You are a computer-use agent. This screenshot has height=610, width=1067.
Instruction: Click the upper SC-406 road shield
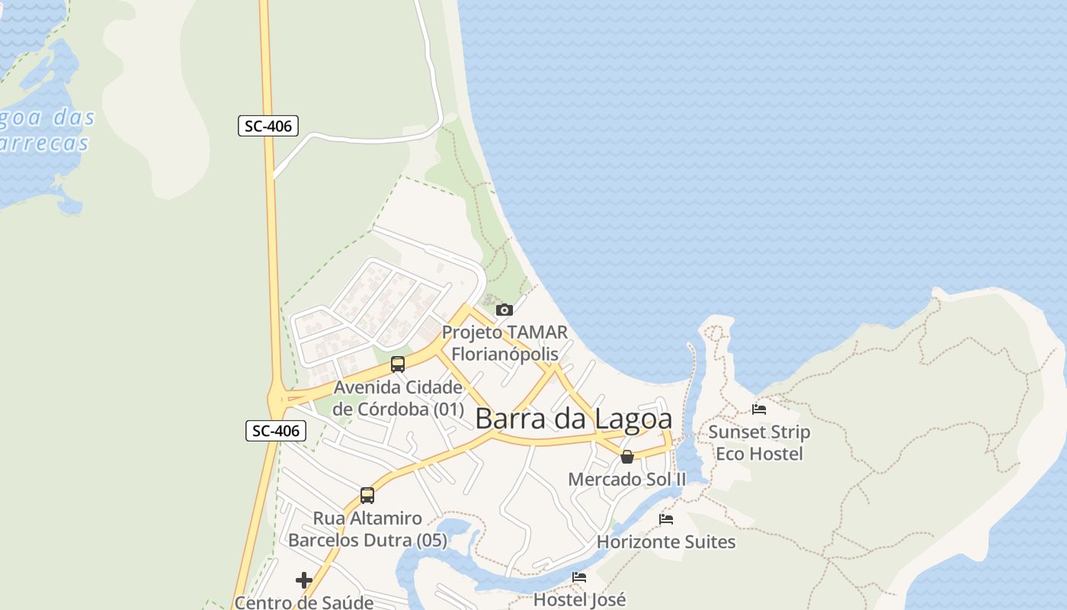[x=268, y=126]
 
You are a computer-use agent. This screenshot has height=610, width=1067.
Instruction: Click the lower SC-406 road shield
[x=276, y=431]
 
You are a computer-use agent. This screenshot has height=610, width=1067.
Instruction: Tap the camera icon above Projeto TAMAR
[x=504, y=310]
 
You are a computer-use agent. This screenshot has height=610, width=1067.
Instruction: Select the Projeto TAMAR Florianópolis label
[x=505, y=343]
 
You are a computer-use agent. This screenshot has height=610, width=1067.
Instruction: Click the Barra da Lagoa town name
[x=574, y=419]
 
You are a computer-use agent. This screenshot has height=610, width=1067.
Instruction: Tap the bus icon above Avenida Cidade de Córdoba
[x=397, y=364]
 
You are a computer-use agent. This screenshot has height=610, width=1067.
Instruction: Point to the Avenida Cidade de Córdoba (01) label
[x=398, y=398]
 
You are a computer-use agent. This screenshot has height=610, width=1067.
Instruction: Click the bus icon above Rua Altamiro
[x=367, y=496]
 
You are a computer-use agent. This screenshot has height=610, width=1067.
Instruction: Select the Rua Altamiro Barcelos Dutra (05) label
[x=367, y=529]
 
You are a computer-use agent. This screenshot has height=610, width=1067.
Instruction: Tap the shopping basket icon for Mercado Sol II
[x=627, y=457]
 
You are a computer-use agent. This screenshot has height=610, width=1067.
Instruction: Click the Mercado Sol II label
[x=627, y=479]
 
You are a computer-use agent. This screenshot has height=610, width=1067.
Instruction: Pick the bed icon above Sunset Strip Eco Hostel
[x=759, y=409]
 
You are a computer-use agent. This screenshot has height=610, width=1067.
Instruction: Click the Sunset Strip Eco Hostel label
[x=759, y=443]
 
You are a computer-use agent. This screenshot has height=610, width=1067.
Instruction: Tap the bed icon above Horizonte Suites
[x=666, y=520]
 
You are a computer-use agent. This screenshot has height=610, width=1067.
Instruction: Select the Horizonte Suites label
[x=666, y=542]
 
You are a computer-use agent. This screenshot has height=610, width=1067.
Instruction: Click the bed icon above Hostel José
[x=579, y=578]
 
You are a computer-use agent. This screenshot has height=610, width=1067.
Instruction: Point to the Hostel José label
[x=579, y=599]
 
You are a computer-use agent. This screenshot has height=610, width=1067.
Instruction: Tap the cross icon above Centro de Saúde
[x=304, y=580]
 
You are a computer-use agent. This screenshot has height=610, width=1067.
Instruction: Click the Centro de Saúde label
[x=304, y=602]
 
